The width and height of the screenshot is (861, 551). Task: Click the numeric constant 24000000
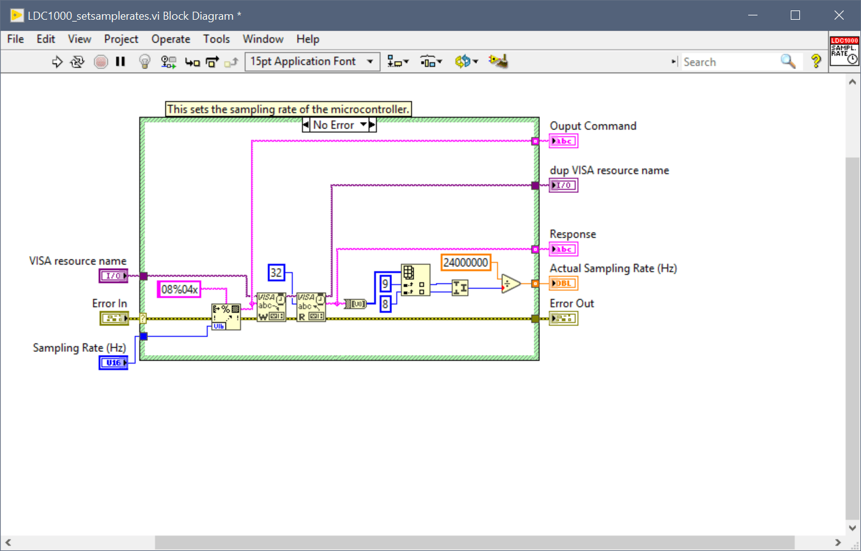[466, 263]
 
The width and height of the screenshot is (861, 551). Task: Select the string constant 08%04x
[179, 289]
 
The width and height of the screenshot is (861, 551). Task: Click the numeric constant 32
[276, 272]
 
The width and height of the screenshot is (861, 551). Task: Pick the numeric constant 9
[385, 284]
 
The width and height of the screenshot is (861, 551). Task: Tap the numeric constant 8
[385, 303]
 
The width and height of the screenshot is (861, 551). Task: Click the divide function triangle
[510, 284]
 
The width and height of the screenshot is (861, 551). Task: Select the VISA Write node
[271, 306]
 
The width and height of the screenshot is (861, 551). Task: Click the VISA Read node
[311, 306]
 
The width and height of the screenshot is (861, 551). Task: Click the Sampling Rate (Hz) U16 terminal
[113, 363]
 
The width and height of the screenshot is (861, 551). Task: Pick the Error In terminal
[114, 318]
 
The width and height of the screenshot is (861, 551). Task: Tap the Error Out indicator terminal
[563, 318]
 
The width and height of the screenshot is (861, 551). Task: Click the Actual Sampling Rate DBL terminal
[563, 284]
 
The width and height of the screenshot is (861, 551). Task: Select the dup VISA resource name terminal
[563, 186]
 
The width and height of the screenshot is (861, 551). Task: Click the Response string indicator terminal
[563, 250]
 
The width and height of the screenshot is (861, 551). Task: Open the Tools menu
[216, 39]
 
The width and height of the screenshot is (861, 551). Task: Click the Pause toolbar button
[120, 62]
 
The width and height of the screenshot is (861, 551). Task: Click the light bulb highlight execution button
[144, 62]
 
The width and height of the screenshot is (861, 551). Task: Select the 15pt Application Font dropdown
[312, 62]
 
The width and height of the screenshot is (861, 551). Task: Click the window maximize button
[795, 15]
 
